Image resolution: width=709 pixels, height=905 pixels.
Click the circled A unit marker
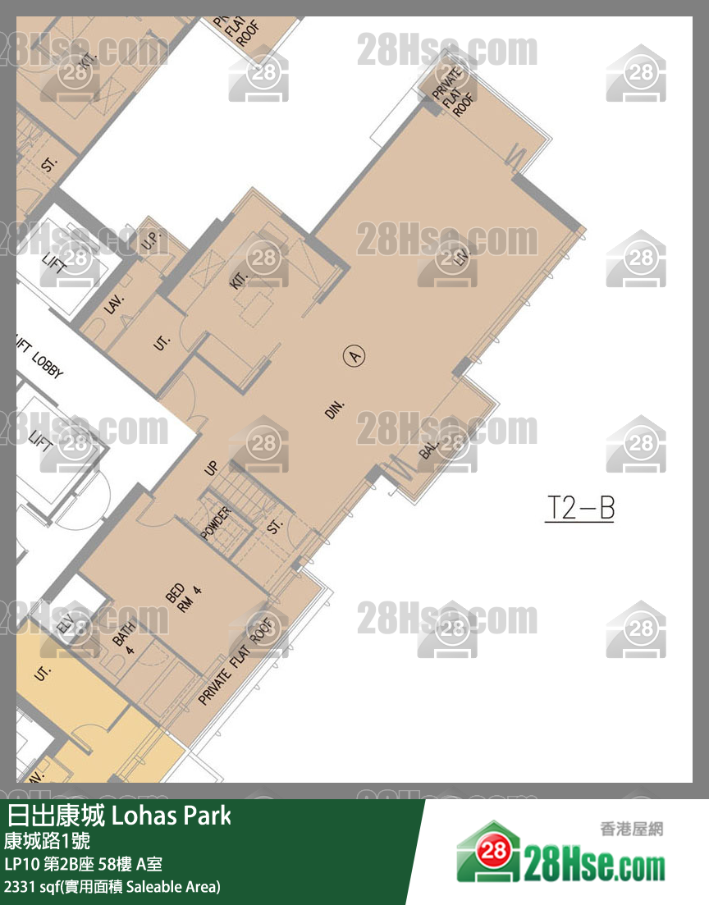click(354, 356)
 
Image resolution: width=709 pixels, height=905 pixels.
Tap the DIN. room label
click(336, 409)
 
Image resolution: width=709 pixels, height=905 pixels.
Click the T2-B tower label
click(580, 509)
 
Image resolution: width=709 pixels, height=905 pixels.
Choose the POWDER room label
click(216, 523)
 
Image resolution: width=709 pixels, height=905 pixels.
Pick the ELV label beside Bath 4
click(66, 624)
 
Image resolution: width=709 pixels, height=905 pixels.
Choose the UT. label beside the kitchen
click(161, 342)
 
